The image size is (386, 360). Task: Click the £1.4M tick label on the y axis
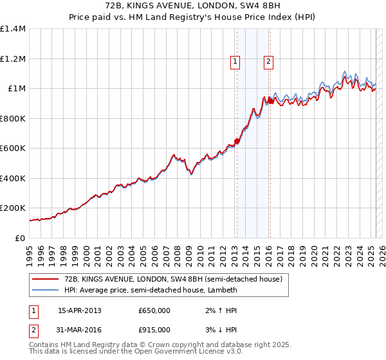(13, 29)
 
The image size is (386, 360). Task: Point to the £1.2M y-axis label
(13, 59)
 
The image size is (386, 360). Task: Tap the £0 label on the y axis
(21, 238)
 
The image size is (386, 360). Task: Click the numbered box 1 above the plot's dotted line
(235, 62)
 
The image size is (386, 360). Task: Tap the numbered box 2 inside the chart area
(268, 62)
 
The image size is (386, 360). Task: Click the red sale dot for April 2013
(237, 141)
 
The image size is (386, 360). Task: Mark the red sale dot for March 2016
(270, 101)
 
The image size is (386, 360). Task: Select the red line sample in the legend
(45, 279)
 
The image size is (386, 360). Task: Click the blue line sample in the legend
(45, 291)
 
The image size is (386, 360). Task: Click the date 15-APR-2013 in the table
(79, 310)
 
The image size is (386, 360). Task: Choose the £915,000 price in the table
(154, 330)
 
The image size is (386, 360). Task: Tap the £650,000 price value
(154, 310)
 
